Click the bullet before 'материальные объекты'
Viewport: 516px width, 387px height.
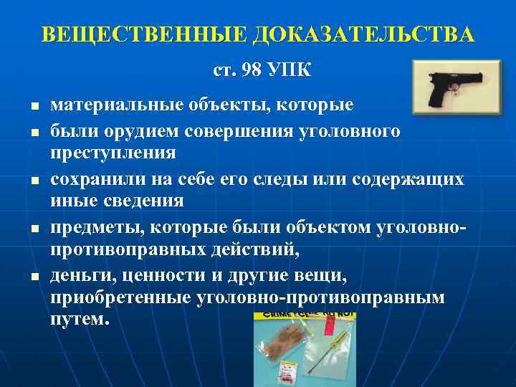click(x=33, y=106)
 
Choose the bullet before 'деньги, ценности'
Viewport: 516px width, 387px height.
click(x=33, y=276)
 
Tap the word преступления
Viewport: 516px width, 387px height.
click(x=113, y=153)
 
